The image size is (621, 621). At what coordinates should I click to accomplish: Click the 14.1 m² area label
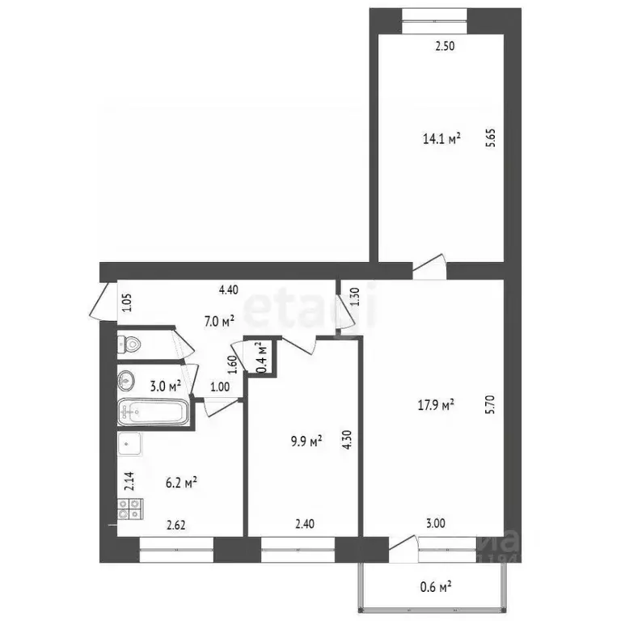click(x=441, y=138)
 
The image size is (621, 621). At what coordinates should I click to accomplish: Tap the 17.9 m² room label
click(x=436, y=405)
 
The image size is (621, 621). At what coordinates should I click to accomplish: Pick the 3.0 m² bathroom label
click(x=171, y=386)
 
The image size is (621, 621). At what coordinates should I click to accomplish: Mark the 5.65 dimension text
click(x=490, y=139)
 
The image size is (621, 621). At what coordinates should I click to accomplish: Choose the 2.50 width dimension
click(x=445, y=46)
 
